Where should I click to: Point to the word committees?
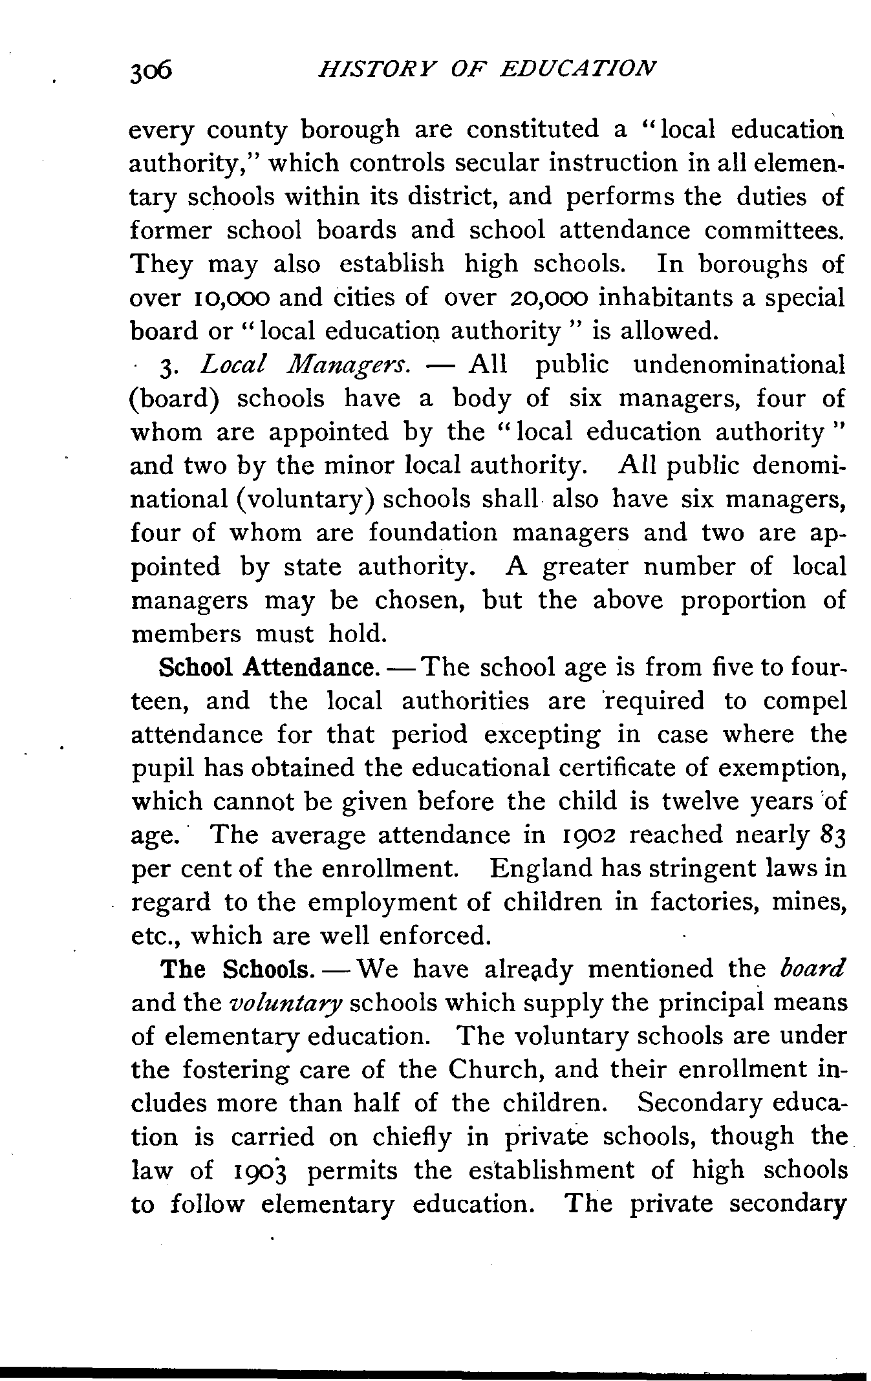(773, 230)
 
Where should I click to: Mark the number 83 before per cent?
(832, 835)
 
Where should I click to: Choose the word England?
(541, 869)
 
